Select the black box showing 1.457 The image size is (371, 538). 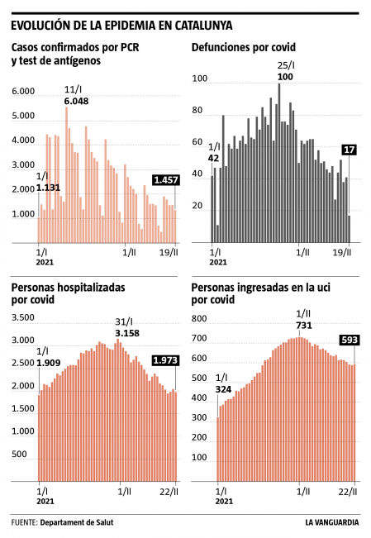pyautogui.click(x=165, y=179)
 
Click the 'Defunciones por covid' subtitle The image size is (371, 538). pyautogui.click(x=243, y=49)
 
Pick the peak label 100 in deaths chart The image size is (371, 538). pyautogui.click(x=285, y=77)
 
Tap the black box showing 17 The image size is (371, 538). pyautogui.click(x=349, y=150)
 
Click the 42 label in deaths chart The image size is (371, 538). pyautogui.click(x=213, y=158)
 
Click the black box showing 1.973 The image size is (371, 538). pyautogui.click(x=165, y=359)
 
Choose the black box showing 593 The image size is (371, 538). pyautogui.click(x=348, y=340)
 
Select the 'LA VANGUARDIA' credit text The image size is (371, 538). pyautogui.click(x=331, y=522)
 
